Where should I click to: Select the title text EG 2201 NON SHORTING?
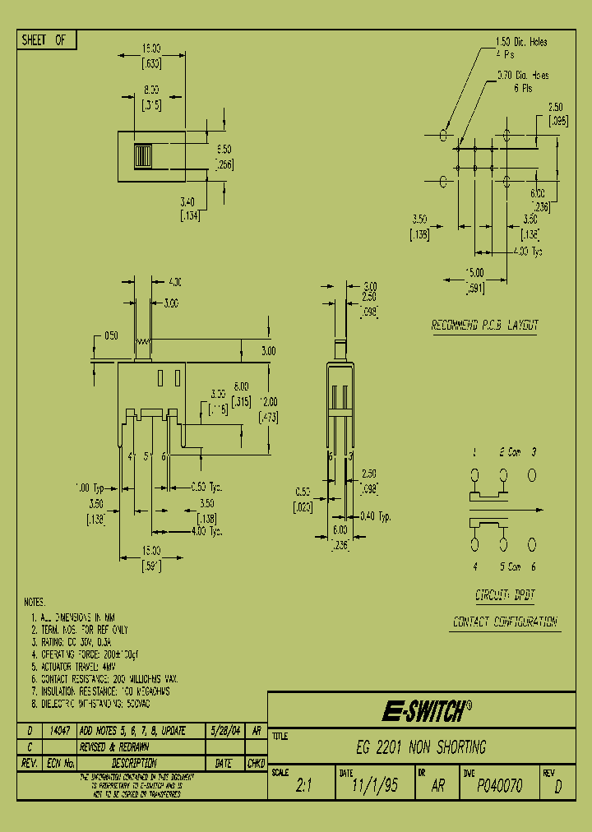421,747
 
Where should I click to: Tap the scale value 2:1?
303,786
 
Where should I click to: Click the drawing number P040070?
499,786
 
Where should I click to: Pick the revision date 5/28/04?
224,730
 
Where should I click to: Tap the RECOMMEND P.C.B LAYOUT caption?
485,326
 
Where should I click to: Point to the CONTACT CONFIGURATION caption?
505,622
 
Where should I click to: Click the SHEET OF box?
46,39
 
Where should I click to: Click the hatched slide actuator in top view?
142,155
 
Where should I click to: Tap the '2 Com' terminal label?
507,452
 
